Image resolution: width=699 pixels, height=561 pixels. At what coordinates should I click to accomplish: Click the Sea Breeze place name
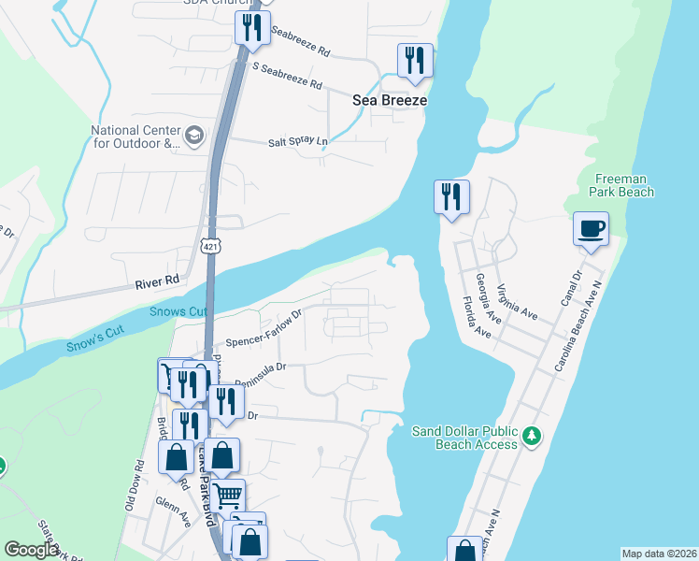point(390,100)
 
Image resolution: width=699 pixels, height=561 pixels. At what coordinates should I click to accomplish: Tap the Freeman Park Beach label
point(622,185)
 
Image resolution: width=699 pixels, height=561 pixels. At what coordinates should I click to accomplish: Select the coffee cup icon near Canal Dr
point(591,228)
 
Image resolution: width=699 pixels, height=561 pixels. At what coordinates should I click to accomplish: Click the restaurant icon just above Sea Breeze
point(414,61)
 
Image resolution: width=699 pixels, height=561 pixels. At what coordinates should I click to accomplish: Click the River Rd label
point(157,280)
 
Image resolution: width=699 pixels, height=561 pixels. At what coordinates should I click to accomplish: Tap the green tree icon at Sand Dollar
point(532,436)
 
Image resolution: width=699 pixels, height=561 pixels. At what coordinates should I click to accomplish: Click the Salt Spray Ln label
point(299,141)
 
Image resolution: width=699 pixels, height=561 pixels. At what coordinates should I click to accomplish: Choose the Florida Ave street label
point(477,317)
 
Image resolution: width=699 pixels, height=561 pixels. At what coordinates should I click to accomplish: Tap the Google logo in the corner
point(32,550)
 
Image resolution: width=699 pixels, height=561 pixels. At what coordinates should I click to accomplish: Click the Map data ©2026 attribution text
point(659,554)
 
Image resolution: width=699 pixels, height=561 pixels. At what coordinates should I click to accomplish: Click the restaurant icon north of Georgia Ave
point(451,197)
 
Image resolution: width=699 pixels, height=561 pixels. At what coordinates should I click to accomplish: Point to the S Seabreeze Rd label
point(287,78)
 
